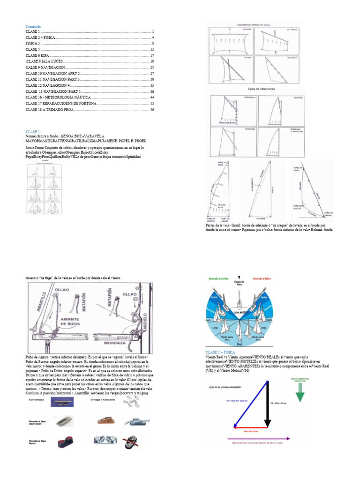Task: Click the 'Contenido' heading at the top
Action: click(x=34, y=27)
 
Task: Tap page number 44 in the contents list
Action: click(x=152, y=97)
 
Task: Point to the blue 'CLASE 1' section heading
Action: click(x=33, y=132)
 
